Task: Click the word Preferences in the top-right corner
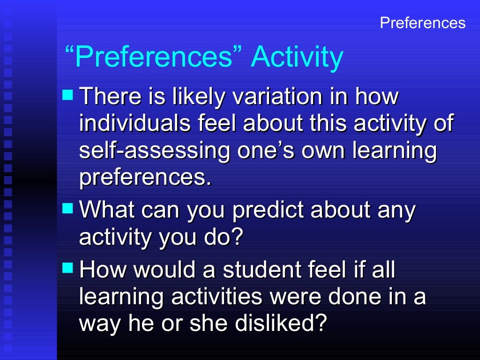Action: pos(422,23)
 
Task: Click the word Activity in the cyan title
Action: pos(297,57)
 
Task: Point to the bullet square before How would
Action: pos(68,268)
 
